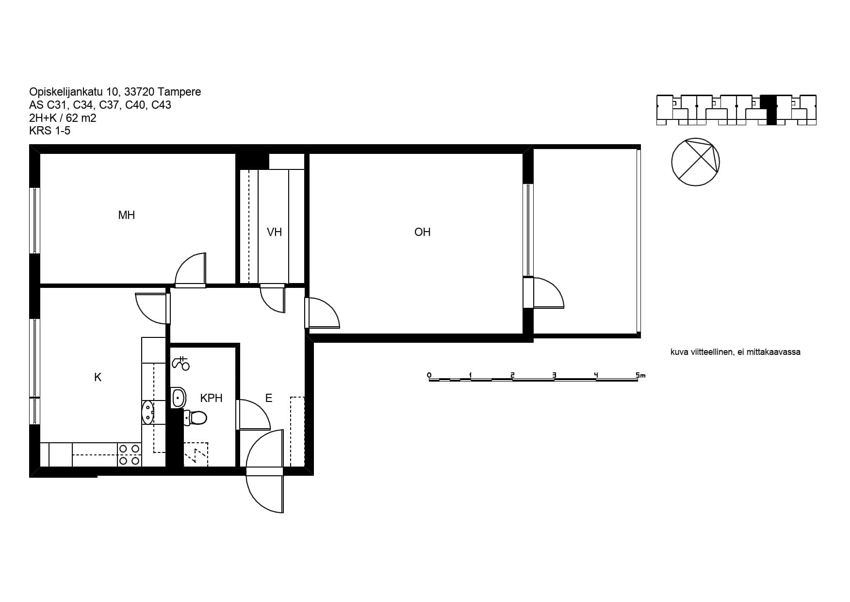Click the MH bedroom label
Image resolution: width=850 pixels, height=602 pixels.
pyautogui.click(x=126, y=215)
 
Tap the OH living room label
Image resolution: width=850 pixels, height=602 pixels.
pyautogui.click(x=422, y=232)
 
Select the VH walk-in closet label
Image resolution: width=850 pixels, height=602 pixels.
pyautogui.click(x=274, y=232)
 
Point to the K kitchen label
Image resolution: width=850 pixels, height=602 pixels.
pyautogui.click(x=98, y=377)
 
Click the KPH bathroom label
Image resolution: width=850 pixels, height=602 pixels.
pyautogui.click(x=211, y=398)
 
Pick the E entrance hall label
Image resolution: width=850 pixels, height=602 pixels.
pyautogui.click(x=268, y=398)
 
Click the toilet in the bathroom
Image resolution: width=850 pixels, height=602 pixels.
pyautogui.click(x=195, y=418)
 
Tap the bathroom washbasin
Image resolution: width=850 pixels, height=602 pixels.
pyautogui.click(x=179, y=398)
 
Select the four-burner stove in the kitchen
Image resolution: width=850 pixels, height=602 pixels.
pyautogui.click(x=130, y=455)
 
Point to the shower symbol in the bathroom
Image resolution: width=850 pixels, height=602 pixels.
pyautogui.click(x=181, y=363)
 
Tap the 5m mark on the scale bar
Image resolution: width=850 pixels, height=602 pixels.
pyautogui.click(x=640, y=375)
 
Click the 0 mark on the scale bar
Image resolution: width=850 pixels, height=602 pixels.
pyautogui.click(x=429, y=375)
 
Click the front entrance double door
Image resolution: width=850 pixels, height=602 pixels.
pyautogui.click(x=264, y=471)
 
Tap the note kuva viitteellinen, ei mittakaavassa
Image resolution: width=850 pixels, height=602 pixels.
pyautogui.click(x=735, y=352)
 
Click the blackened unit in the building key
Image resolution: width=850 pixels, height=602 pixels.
pyautogui.click(x=768, y=110)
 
